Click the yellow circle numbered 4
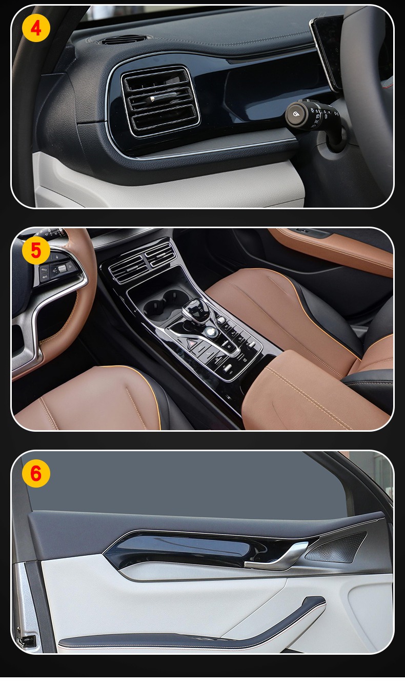coord(36,28)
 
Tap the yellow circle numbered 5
coord(36,250)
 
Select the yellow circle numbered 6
coord(36,473)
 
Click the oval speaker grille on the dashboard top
coord(124,39)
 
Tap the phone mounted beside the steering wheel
coord(327,52)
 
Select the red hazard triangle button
coord(192,344)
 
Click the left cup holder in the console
coord(155,307)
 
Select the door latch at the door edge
coord(27,640)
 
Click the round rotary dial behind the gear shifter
coord(209,331)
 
